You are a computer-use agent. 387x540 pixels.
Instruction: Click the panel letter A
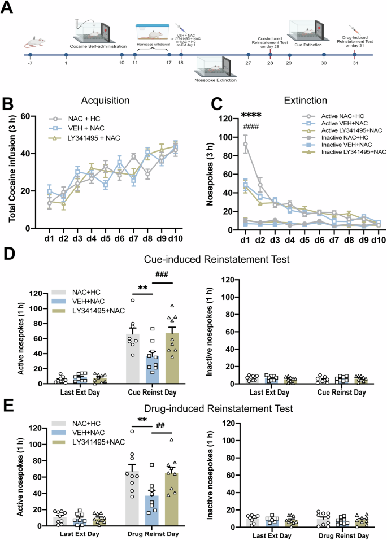(x=10, y=8)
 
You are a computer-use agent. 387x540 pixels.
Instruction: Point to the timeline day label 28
(x=270, y=64)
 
